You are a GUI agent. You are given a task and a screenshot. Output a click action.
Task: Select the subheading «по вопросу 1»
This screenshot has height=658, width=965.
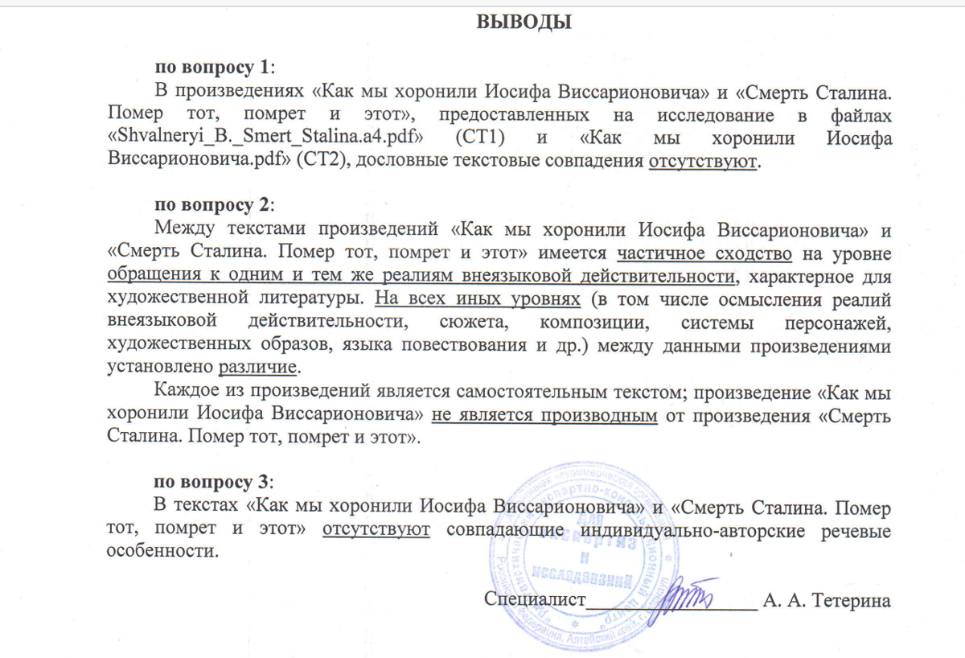215,67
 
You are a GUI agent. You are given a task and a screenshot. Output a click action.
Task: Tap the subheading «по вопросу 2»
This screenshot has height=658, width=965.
215,205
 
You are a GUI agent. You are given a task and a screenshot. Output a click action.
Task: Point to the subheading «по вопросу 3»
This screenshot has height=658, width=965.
215,483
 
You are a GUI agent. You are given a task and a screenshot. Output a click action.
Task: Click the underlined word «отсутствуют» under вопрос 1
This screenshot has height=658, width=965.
703,159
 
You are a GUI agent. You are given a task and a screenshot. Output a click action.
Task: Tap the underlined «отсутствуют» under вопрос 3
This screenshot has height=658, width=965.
376,530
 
